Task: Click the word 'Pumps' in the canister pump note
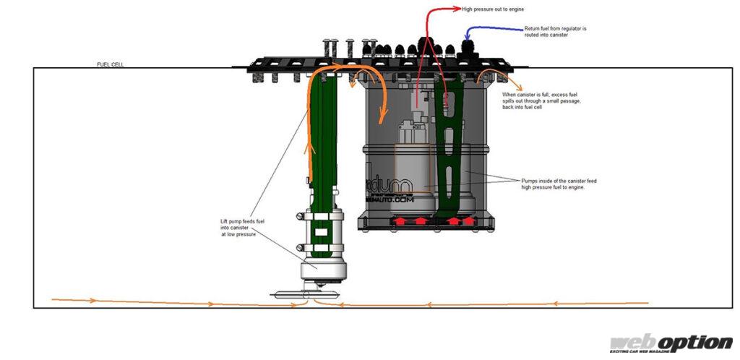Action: (530, 181)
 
